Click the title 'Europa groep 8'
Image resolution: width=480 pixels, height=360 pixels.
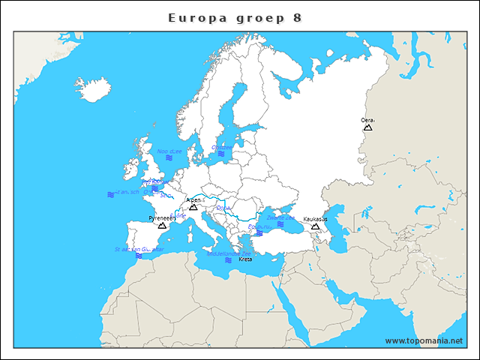pos(235,17)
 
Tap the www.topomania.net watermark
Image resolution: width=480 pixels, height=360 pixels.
pos(424,340)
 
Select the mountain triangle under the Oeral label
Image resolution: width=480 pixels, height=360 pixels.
pos(368,127)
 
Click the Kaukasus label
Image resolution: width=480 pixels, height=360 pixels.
pos(316,219)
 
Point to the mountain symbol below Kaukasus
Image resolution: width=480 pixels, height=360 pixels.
pos(316,226)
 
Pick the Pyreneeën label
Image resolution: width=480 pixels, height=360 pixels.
pos(161,217)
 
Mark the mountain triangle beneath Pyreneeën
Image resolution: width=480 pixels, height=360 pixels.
pos(162,225)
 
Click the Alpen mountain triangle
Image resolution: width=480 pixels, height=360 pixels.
pos(193,207)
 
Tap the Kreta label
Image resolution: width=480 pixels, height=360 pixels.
pos(245,259)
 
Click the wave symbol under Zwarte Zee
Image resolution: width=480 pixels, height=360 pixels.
pos(280,224)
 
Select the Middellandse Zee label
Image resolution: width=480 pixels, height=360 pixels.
pos(229,253)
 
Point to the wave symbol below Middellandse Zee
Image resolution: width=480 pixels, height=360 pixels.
pos(228,260)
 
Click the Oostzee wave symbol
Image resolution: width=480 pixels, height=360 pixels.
pos(220,154)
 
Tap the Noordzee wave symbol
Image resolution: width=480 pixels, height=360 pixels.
pos(169,157)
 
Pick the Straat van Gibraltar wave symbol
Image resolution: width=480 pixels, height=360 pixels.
pos(139,256)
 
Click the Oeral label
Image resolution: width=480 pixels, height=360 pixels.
pos(368,120)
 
